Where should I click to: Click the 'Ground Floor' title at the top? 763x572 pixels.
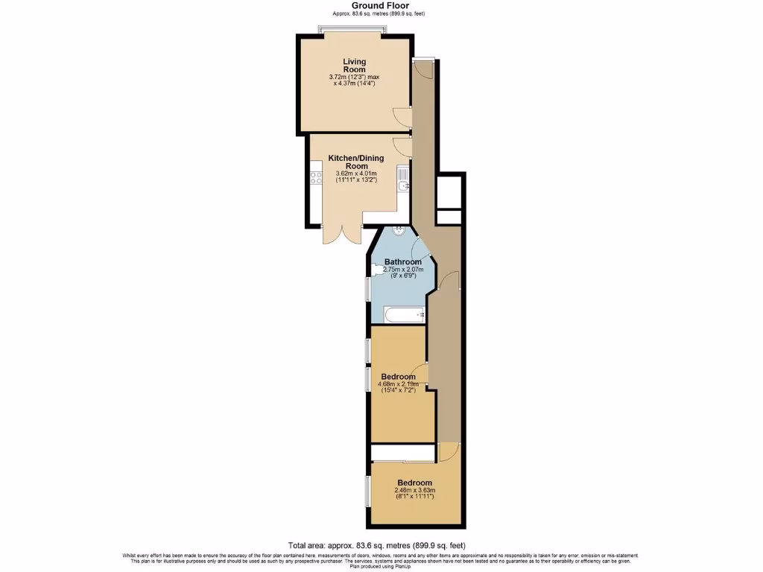coord(380,6)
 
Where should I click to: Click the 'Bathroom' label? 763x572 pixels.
coord(403,261)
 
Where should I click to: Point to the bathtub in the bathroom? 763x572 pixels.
coord(399,315)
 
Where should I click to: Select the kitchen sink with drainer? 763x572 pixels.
coord(402,179)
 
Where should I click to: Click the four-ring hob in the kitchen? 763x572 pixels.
coord(315,178)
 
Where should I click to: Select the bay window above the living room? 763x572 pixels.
coord(352,31)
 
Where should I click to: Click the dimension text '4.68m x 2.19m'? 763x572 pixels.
coord(399,384)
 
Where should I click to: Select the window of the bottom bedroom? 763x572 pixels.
coord(367,492)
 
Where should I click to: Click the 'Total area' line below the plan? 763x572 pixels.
coord(381,545)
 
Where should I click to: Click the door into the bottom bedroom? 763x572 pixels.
coord(448,451)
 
